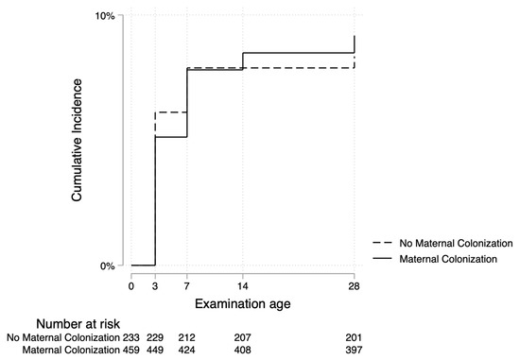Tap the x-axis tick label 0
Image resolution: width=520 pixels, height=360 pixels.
click(x=131, y=284)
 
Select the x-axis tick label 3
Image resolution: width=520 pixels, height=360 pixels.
click(x=154, y=284)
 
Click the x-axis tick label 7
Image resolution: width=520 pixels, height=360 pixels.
click(x=186, y=284)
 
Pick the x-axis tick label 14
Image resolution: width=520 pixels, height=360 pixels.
click(x=243, y=284)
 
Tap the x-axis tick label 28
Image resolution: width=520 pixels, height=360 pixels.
click(x=355, y=284)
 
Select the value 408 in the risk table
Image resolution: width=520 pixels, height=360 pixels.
click(x=243, y=351)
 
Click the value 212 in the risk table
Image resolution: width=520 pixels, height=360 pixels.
click(x=186, y=337)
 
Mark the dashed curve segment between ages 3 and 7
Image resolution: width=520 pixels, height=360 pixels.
click(x=171, y=111)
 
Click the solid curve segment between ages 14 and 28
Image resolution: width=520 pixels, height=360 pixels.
click(x=299, y=53)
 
